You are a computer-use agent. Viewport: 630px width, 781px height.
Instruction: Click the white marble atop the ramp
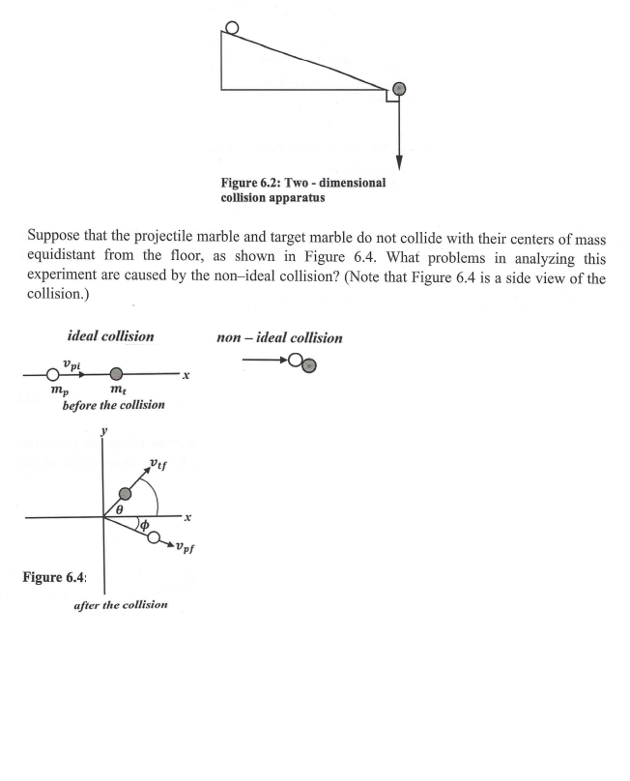click(232, 27)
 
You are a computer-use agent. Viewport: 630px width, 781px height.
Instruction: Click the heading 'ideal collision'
click(108, 339)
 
